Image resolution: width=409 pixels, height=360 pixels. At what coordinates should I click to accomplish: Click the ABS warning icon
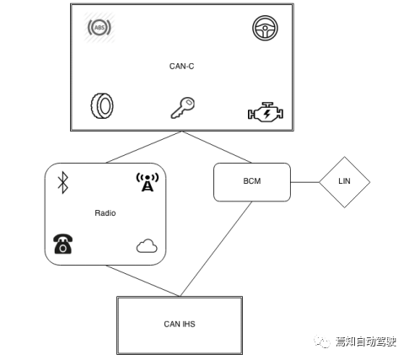tap(100, 28)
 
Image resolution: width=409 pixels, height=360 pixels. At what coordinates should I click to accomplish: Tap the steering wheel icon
tap(265, 29)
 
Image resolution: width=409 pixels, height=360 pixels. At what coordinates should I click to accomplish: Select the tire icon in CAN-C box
tap(102, 107)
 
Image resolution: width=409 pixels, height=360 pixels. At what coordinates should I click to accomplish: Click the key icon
tap(182, 108)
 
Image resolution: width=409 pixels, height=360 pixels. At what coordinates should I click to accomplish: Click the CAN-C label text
tap(181, 65)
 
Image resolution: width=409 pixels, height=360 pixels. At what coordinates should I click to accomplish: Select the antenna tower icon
tap(147, 181)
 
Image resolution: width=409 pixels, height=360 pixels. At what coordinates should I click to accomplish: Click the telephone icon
tap(62, 244)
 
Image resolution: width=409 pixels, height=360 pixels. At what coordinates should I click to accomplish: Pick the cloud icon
tap(147, 246)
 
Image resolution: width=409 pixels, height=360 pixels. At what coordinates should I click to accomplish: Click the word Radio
tap(105, 213)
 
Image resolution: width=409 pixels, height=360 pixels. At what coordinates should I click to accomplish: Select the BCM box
tap(251, 182)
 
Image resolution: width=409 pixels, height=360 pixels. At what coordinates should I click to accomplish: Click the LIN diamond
tap(344, 182)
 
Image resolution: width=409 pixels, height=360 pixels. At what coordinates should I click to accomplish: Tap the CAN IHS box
tap(179, 323)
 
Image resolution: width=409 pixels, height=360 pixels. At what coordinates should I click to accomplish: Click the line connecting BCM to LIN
tap(304, 182)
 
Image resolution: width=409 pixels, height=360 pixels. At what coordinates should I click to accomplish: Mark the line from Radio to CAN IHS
tap(143, 279)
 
